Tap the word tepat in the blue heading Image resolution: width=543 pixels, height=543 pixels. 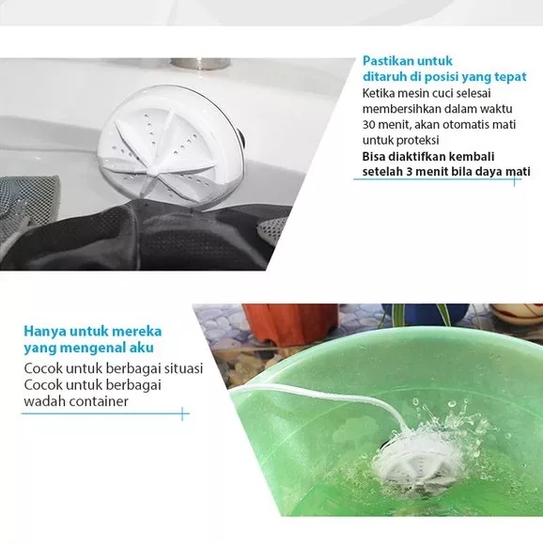(x=510, y=76)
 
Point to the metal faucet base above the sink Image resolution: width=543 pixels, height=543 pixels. (x=200, y=64)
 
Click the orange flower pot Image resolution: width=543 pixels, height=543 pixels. (x=290, y=323)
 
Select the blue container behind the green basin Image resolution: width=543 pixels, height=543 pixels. (x=426, y=316)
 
